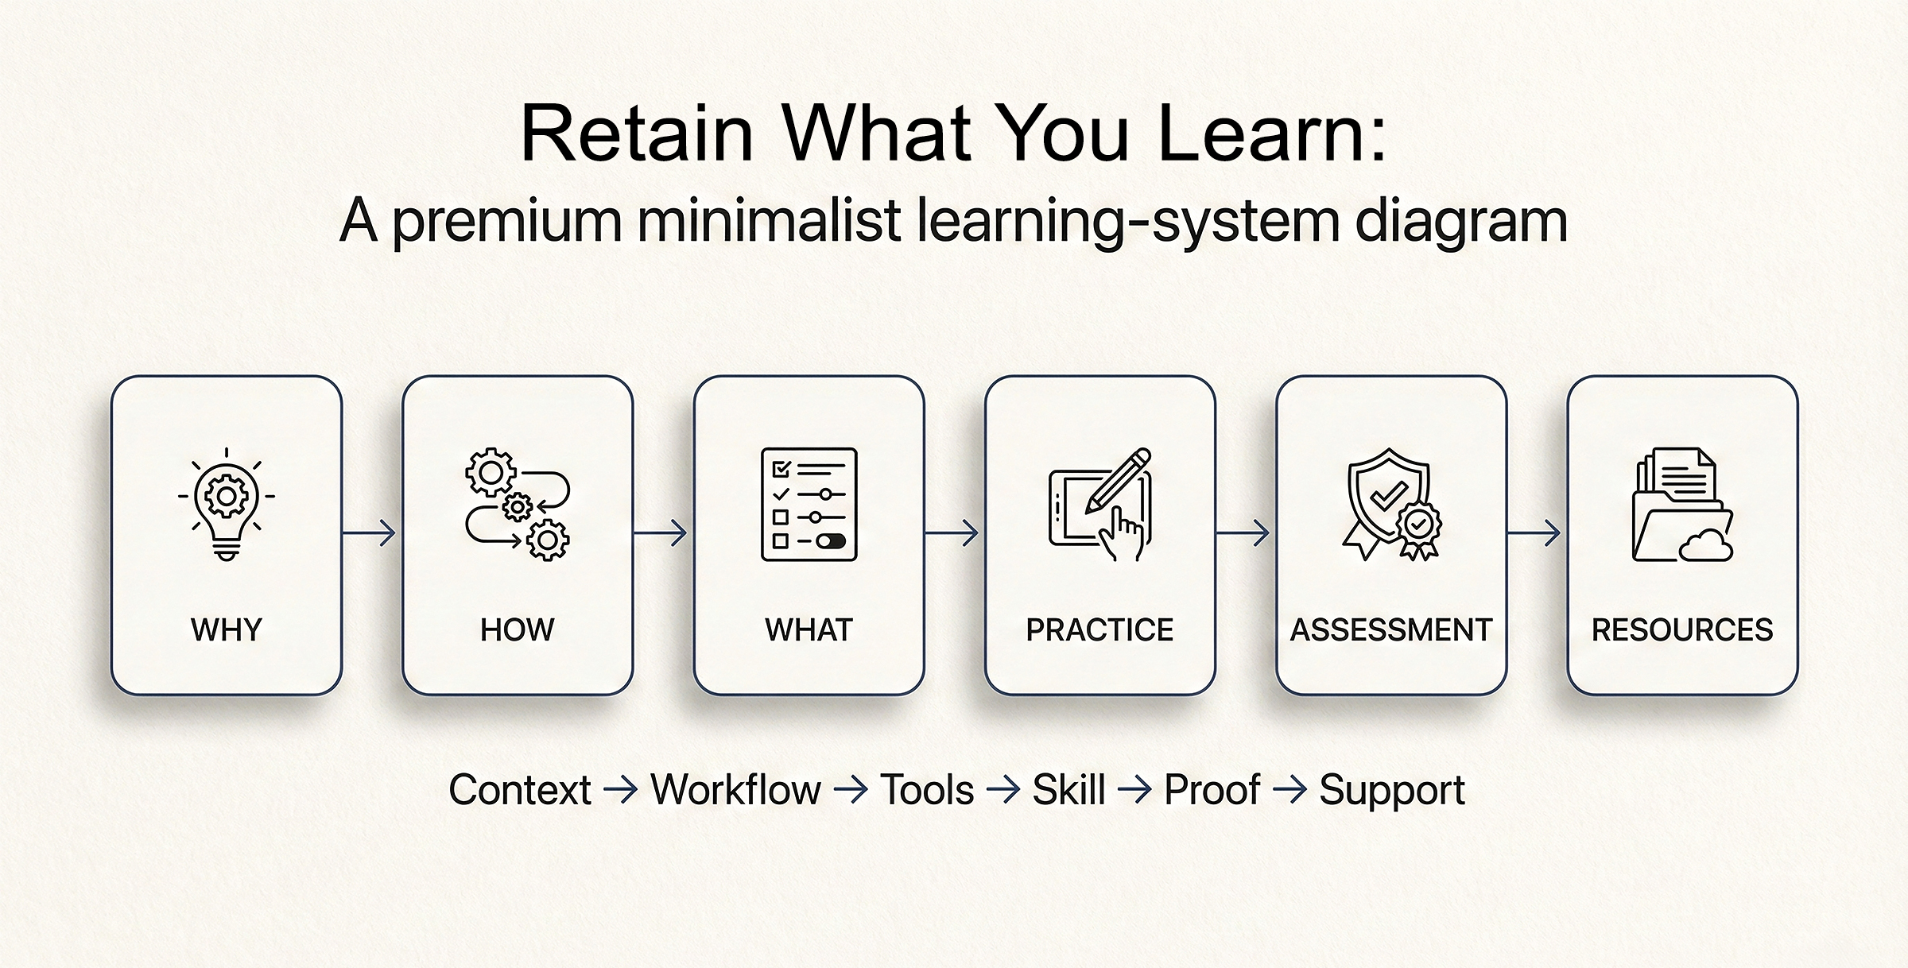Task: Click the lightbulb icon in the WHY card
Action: [x=227, y=504]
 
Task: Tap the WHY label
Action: [x=227, y=630]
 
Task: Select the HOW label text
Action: [x=518, y=630]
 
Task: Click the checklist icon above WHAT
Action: [x=809, y=504]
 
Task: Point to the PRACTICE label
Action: [x=1099, y=630]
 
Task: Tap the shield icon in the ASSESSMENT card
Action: [x=1387, y=496]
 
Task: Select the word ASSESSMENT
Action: [x=1390, y=630]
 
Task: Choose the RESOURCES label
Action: [x=1682, y=630]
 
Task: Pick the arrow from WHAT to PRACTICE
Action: [x=952, y=532]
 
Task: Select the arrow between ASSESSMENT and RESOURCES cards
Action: [x=1535, y=532]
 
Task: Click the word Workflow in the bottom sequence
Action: [x=735, y=790]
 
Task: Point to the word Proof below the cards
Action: [x=1212, y=790]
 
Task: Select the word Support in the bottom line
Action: [x=1391, y=790]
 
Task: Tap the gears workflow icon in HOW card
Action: [x=518, y=504]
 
